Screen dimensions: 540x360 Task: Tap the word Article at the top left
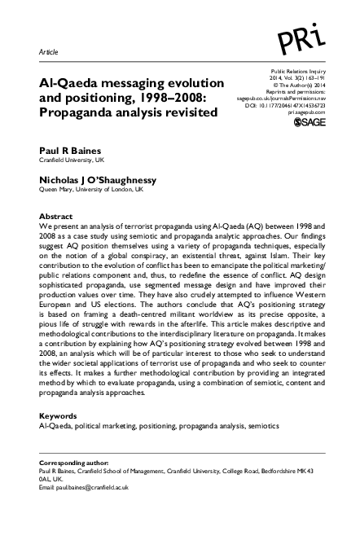coord(50,51)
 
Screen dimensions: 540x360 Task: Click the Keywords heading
coord(61,415)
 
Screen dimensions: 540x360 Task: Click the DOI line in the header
coord(286,105)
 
